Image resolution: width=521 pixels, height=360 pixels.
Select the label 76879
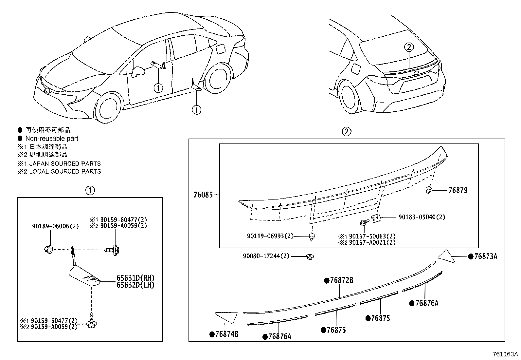458,190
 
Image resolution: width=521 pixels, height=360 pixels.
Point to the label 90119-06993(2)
270,236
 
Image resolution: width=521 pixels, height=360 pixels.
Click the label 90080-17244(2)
266,256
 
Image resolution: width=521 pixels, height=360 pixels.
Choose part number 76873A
486,256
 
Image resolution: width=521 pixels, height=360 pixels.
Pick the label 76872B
341,281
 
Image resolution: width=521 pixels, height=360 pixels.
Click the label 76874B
227,334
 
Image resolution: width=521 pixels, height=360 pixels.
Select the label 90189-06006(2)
55,226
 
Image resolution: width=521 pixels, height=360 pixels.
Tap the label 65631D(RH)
135,278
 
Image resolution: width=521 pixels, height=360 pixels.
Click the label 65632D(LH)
135,285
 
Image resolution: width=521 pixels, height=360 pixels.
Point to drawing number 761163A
506,354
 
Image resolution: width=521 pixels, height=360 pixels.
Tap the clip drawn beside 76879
429,190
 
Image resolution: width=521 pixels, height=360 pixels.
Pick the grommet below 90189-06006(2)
47,249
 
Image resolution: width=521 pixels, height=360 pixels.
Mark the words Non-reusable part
52,139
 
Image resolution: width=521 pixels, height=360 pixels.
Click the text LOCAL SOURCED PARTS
65,171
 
